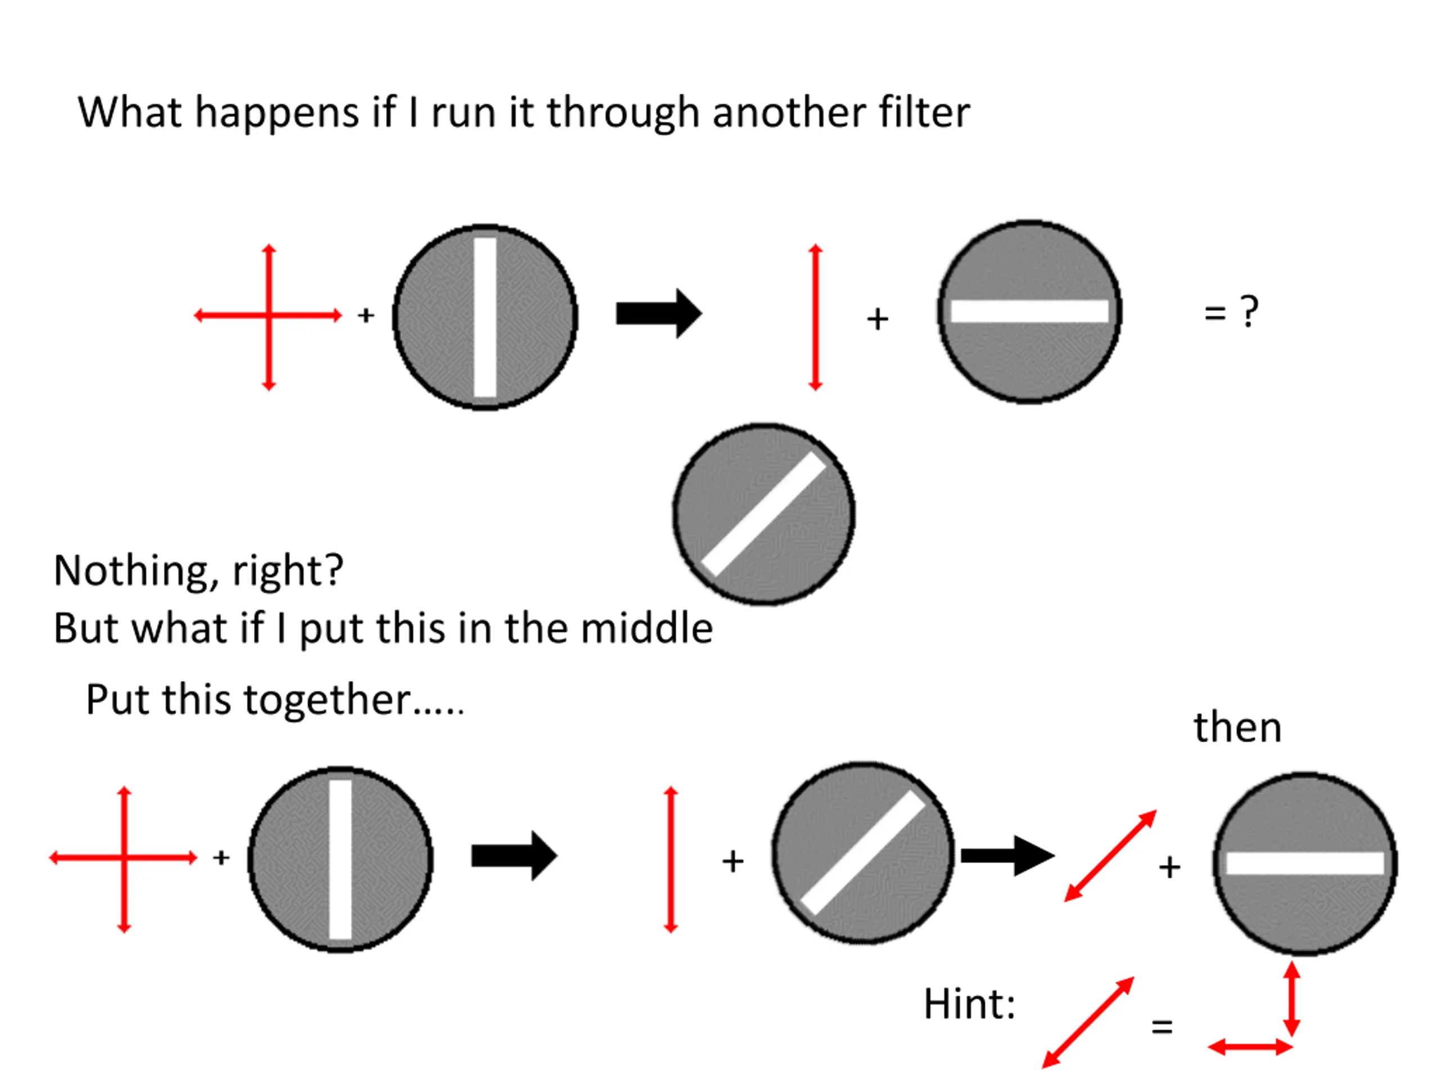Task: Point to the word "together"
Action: pyautogui.click(x=328, y=700)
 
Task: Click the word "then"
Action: pyautogui.click(x=1237, y=727)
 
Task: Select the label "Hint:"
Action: pyautogui.click(x=969, y=1004)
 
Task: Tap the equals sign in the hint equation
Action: pyautogui.click(x=1162, y=1027)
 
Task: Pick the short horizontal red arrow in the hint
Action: pyautogui.click(x=1250, y=1047)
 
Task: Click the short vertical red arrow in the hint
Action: pyautogui.click(x=1292, y=1000)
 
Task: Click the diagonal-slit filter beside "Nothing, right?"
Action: pyautogui.click(x=764, y=514)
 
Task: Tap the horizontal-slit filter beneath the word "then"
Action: pyautogui.click(x=1305, y=864)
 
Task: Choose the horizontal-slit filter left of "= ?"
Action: pyautogui.click(x=1029, y=311)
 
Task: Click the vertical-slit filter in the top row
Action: pyautogui.click(x=485, y=317)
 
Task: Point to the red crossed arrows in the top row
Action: pyautogui.click(x=269, y=316)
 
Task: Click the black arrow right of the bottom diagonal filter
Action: pyautogui.click(x=1008, y=855)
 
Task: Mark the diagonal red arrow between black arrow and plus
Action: pyautogui.click(x=1111, y=856)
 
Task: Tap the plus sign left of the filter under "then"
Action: pyautogui.click(x=1170, y=867)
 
